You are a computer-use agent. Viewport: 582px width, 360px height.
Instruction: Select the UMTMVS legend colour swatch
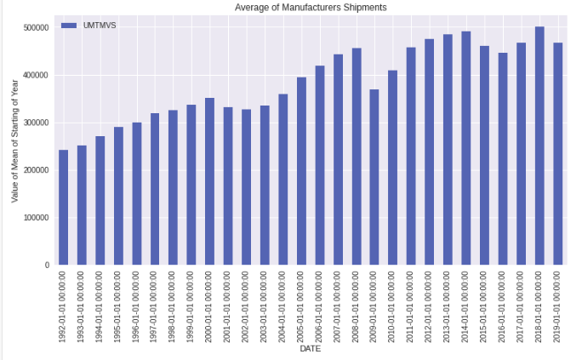point(68,26)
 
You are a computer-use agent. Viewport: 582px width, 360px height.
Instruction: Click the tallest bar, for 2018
point(539,146)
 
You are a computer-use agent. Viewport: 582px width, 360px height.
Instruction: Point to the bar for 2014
point(466,148)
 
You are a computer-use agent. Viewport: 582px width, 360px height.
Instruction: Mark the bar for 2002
point(246,186)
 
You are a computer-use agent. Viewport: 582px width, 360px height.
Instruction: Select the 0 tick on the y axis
point(47,266)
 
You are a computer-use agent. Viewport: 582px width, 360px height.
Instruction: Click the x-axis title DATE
point(310,349)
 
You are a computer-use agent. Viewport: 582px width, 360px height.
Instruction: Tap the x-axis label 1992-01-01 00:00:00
point(63,306)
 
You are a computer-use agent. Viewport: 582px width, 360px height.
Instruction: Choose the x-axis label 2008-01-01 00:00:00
point(356,306)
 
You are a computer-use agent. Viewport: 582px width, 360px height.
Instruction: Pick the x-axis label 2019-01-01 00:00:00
point(558,306)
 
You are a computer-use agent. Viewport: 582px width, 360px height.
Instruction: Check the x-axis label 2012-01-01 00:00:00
point(430,306)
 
